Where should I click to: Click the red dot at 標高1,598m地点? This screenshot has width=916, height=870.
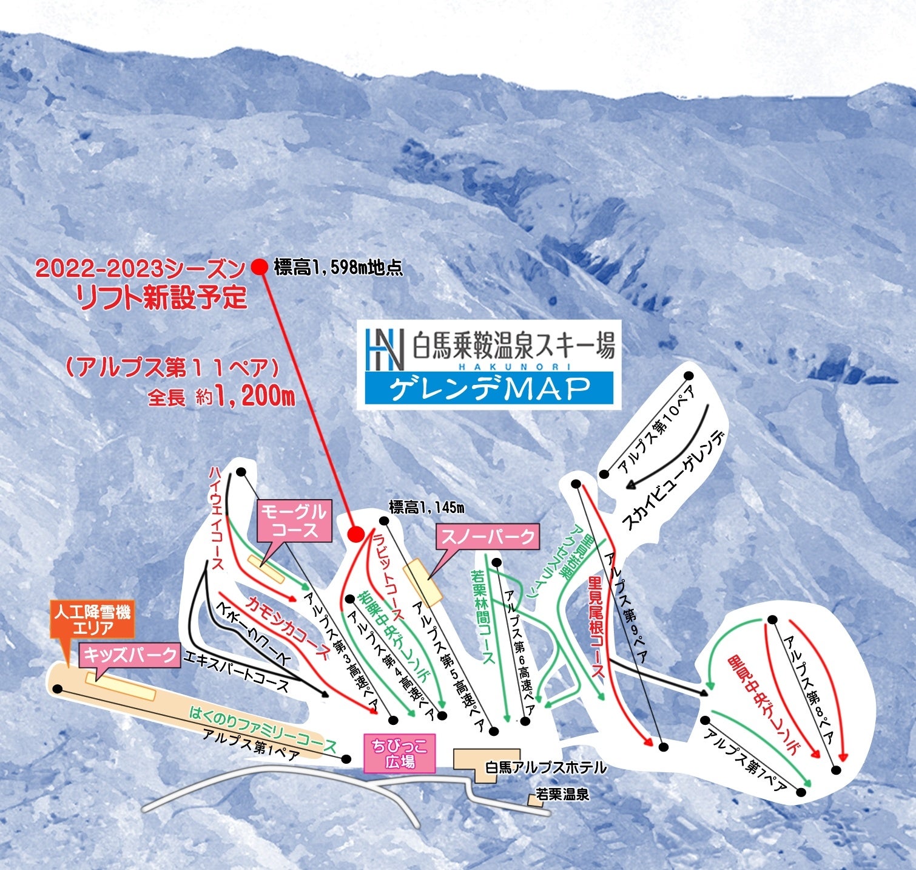point(260,267)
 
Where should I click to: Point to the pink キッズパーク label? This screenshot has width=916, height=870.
point(130,655)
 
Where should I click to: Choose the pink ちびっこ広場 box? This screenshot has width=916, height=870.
point(399,753)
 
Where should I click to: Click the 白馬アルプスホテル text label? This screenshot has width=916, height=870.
point(546,767)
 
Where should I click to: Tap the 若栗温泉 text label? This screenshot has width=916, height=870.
point(562,794)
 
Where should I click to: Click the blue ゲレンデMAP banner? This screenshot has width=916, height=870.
point(489,389)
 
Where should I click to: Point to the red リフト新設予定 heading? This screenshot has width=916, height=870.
point(161,297)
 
